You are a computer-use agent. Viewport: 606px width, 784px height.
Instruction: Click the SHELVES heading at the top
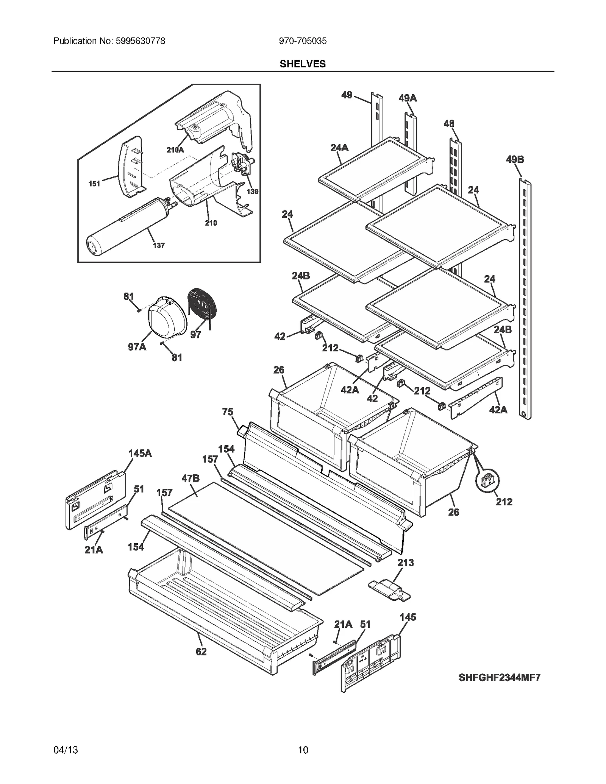302,64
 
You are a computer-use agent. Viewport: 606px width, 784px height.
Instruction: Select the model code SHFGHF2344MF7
499,677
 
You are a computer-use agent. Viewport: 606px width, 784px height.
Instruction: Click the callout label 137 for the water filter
159,245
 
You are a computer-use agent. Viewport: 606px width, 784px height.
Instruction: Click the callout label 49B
515,159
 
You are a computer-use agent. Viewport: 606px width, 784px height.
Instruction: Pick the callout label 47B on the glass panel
190,479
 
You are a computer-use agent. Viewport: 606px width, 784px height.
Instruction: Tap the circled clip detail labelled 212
487,480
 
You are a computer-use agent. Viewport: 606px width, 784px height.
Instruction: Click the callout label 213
406,563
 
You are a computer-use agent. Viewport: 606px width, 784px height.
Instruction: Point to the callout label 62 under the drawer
201,652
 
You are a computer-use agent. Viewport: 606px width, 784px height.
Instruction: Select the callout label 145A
140,453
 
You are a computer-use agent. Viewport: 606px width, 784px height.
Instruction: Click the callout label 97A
137,346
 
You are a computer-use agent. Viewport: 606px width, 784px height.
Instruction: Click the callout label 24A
339,148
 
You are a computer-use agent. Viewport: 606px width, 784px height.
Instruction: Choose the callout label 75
228,411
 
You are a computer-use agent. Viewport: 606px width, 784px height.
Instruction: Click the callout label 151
94,184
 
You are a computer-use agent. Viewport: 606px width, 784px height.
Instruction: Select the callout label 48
449,123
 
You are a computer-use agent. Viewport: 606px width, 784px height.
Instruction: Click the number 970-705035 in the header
302,41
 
